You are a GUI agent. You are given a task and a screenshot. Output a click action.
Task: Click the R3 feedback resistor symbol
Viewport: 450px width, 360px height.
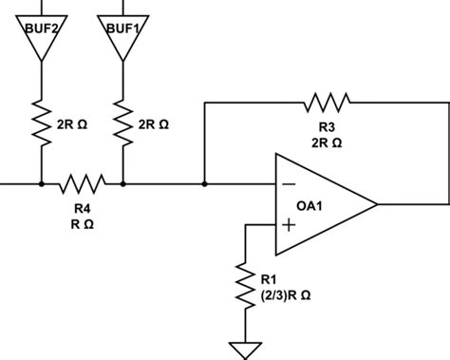tap(326, 99)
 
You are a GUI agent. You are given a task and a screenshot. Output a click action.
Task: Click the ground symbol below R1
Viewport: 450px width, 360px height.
tap(247, 351)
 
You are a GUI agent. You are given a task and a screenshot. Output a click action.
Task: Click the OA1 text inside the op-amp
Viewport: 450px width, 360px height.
tap(309, 205)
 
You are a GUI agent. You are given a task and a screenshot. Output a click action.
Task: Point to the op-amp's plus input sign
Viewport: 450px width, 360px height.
tap(288, 226)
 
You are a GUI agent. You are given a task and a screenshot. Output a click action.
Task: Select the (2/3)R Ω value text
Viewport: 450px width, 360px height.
tap(286, 295)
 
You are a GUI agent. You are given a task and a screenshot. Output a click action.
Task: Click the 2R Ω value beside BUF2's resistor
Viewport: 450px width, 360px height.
tap(71, 123)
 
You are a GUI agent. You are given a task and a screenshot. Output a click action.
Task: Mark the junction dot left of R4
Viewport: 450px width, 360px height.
tap(42, 182)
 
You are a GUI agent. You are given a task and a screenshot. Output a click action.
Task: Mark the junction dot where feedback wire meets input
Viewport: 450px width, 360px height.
tap(204, 182)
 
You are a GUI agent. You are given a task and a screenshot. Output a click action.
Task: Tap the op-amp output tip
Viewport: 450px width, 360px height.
tap(377, 203)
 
